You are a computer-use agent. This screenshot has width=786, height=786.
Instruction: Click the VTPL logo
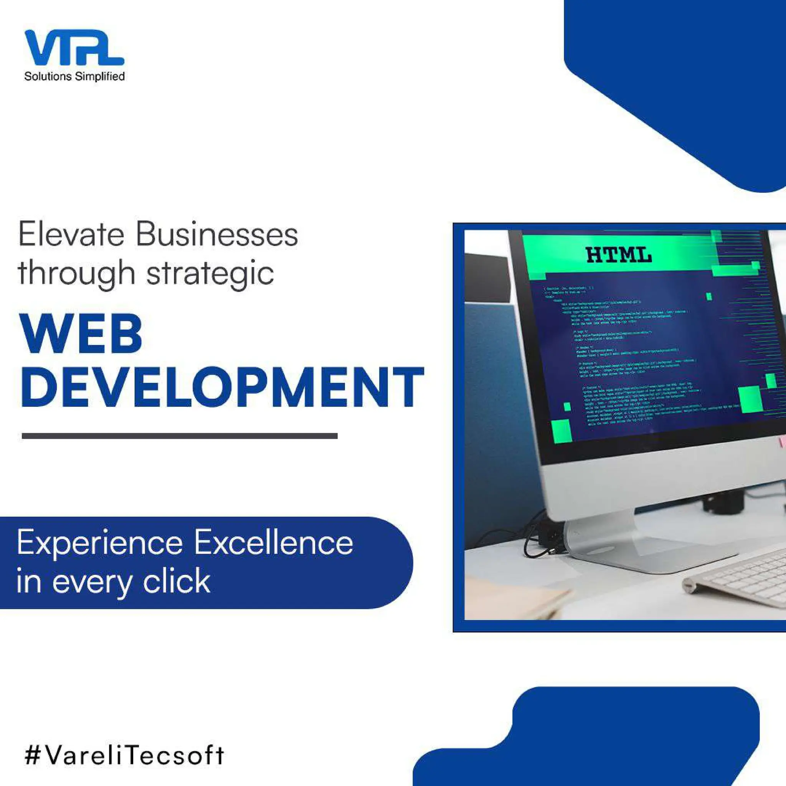tap(74, 48)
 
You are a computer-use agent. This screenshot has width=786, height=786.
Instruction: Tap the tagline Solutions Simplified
tap(74, 76)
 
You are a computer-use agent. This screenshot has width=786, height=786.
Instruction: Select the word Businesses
tap(217, 235)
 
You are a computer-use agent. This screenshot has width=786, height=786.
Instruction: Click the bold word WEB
tap(81, 334)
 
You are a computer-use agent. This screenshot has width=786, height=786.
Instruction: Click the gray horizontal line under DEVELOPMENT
tap(179, 436)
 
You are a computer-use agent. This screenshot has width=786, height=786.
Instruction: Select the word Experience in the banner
tap(100, 543)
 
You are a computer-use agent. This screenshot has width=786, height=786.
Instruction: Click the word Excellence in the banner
tap(273, 543)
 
